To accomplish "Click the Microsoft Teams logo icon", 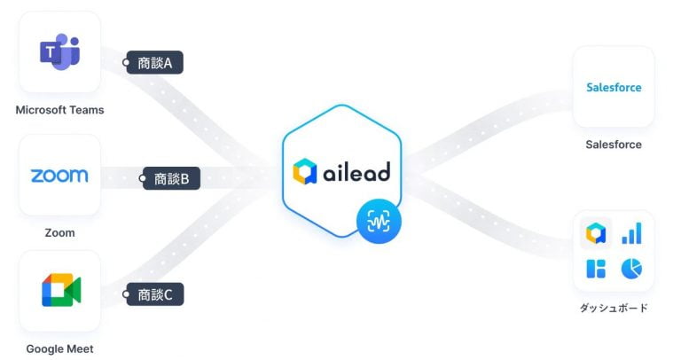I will tap(59, 51).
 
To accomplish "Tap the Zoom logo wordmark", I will tap(59, 175).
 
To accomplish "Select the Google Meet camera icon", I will tap(60, 291).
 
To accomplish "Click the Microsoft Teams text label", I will tap(59, 111).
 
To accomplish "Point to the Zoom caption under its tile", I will tap(59, 233).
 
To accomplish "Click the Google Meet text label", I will tap(59, 349).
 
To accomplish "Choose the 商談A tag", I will tap(156, 63).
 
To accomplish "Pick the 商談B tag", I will tap(173, 178).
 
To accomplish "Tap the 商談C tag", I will tap(156, 294).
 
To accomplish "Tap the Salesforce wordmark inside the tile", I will tap(614, 87).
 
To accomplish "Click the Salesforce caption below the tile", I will tap(614, 145).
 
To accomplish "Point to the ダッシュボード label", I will tap(614, 309).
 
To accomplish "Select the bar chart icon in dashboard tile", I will tap(631, 233).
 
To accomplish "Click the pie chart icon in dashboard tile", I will tap(631, 268).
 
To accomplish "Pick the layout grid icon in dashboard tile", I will tap(596, 268).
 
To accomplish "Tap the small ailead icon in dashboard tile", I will tap(596, 233).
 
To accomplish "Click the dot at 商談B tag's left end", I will tap(144, 179).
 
